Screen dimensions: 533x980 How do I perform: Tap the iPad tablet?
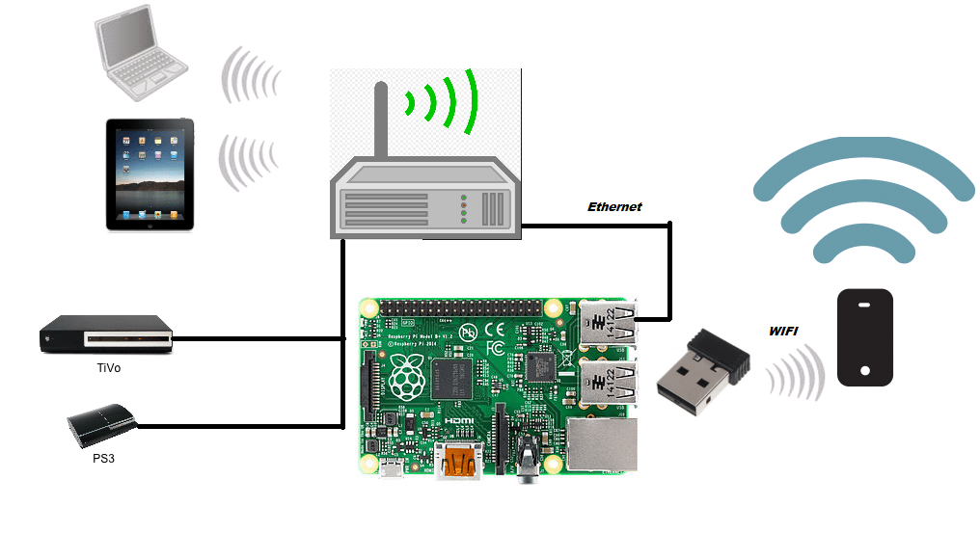pos(150,174)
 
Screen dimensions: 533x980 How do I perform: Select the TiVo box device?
pos(106,336)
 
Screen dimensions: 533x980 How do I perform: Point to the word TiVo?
pos(108,367)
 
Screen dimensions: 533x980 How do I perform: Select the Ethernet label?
pos(614,207)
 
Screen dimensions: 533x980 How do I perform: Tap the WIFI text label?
pos(782,332)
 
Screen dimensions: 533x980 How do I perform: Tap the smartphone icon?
pos(864,337)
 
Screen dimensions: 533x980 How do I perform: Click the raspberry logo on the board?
pos(408,377)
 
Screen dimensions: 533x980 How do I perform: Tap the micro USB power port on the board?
pos(392,470)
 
